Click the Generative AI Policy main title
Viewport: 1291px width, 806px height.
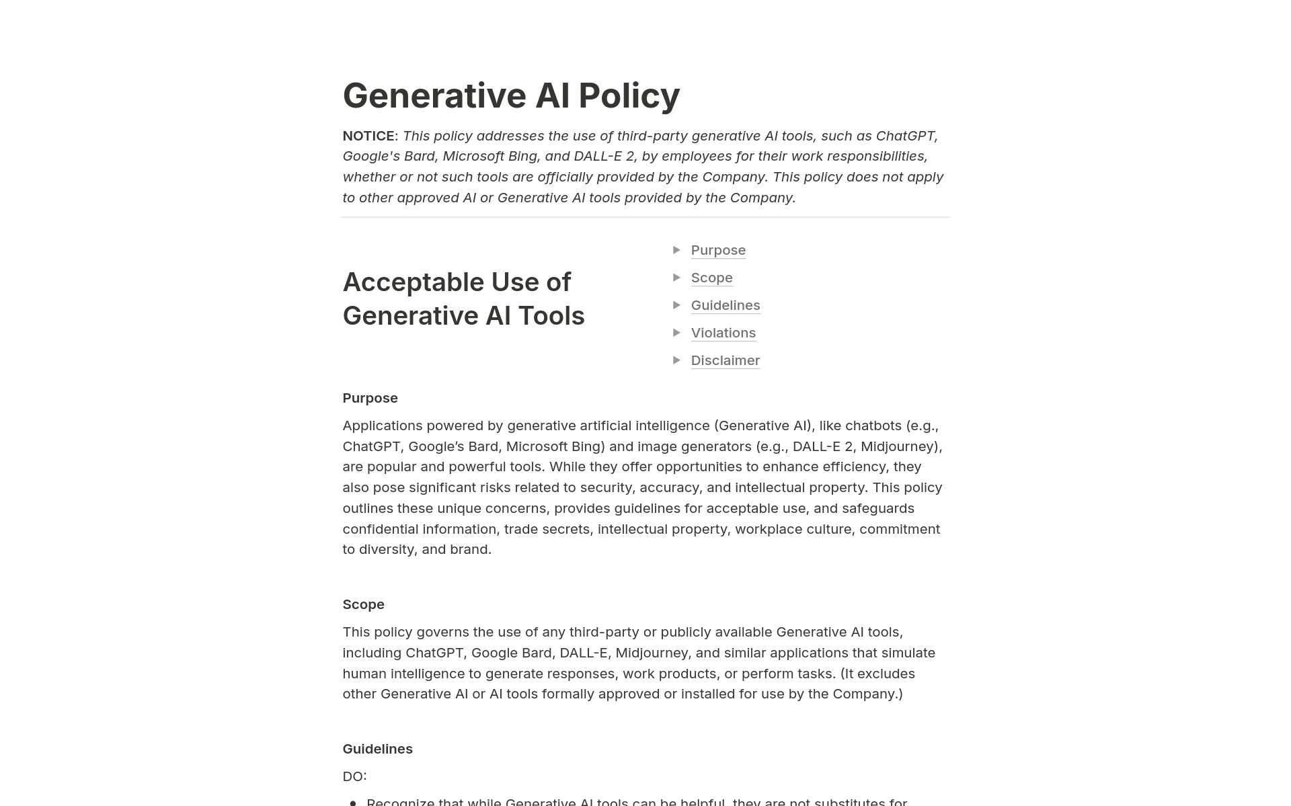(x=511, y=95)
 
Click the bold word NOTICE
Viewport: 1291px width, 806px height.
(x=368, y=136)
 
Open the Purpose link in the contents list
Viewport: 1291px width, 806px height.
(x=718, y=250)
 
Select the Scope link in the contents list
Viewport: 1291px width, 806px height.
(x=711, y=278)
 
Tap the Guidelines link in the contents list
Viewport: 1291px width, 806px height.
(x=726, y=305)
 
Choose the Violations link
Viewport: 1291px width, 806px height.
(x=723, y=333)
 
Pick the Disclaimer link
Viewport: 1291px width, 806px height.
(x=725, y=360)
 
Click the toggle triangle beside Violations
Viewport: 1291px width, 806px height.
(x=676, y=333)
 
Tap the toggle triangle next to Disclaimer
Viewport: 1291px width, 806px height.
(x=676, y=360)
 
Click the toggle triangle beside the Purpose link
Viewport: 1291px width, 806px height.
(x=676, y=250)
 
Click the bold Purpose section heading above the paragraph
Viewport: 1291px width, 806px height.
(x=370, y=398)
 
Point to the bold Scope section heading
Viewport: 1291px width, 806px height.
(x=363, y=604)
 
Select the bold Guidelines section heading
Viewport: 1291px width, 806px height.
(x=377, y=749)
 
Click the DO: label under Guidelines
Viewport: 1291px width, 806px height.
(x=354, y=776)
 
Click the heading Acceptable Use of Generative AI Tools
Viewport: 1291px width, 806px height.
(x=463, y=299)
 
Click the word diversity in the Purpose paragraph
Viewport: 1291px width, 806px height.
(x=387, y=549)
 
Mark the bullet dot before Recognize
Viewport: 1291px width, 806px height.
(x=353, y=802)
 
